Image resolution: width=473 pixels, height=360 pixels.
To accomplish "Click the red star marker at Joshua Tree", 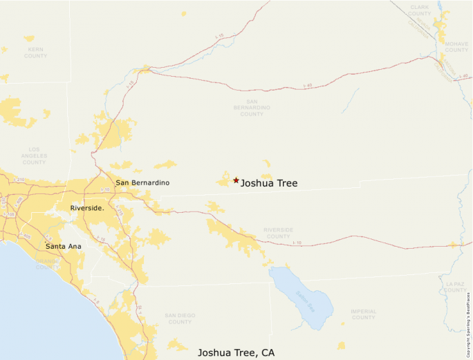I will pyautogui.click(x=236, y=180).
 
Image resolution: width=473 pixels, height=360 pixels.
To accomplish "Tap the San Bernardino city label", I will pyautogui.click(x=142, y=183).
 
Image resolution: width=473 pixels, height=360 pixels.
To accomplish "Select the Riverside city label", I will pyautogui.click(x=87, y=208).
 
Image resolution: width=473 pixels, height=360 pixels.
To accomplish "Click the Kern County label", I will pyautogui.click(x=35, y=52).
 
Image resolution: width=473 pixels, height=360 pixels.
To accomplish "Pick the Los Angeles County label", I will pyautogui.click(x=34, y=155).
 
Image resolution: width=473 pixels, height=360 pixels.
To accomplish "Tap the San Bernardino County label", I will pyautogui.click(x=252, y=107).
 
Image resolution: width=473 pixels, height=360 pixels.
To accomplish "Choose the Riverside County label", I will pyautogui.click(x=278, y=233).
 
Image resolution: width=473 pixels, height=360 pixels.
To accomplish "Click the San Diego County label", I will pyautogui.click(x=180, y=319).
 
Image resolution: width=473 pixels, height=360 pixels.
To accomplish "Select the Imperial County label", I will pyautogui.click(x=363, y=314).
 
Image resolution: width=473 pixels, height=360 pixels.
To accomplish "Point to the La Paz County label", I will pyautogui.click(x=456, y=286).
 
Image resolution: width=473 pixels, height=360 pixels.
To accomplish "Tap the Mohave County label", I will pyautogui.click(x=456, y=46).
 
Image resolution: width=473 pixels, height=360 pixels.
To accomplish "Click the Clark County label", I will pyautogui.click(x=420, y=10).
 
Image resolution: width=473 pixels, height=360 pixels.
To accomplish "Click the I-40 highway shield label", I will pyautogui.click(x=308, y=85).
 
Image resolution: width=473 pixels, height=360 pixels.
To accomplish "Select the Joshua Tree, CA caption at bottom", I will pyautogui.click(x=236, y=352).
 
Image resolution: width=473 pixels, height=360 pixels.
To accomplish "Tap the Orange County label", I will pyautogui.click(x=48, y=264).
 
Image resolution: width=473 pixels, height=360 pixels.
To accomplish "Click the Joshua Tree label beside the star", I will pyautogui.click(x=269, y=183).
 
